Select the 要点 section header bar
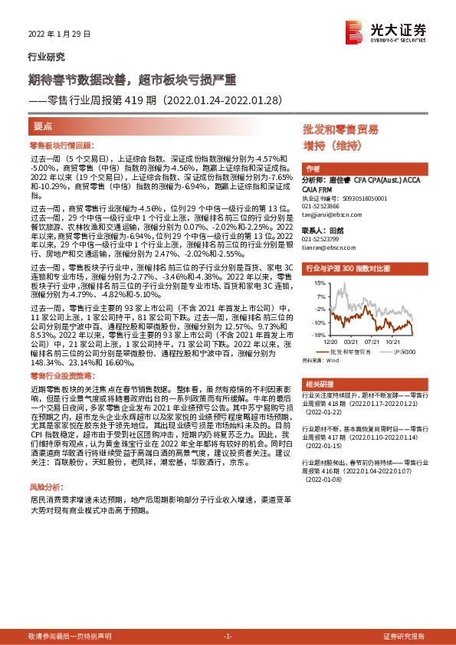click(x=153, y=126)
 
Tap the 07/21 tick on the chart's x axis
click(x=373, y=342)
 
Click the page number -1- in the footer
click(x=228, y=637)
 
